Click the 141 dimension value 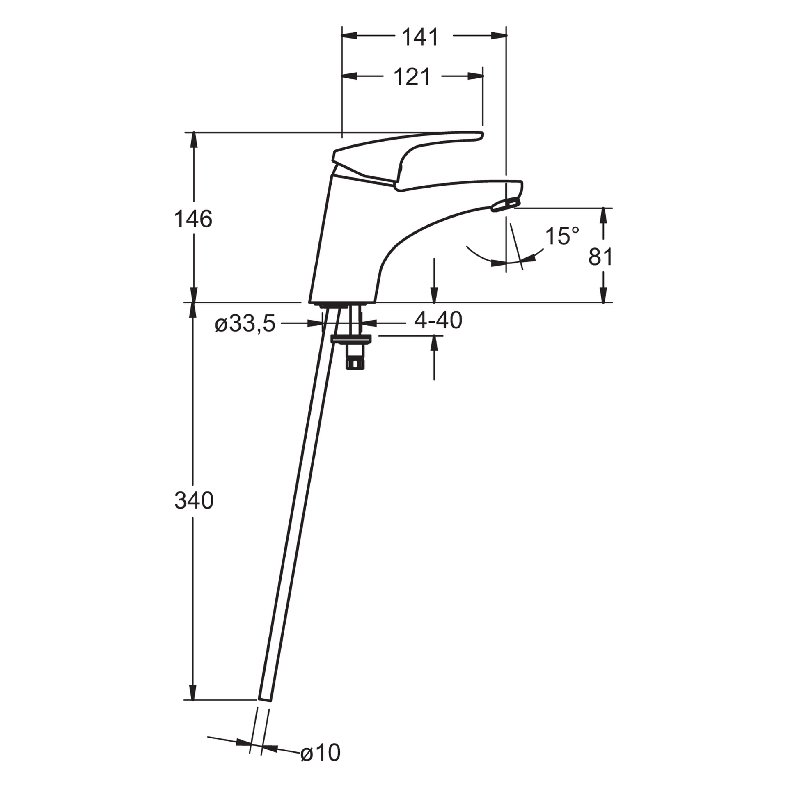tap(420, 38)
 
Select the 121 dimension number tap(412, 77)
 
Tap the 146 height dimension tap(193, 219)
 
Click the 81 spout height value tap(600, 257)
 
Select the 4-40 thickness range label tap(438, 321)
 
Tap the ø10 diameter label tap(321, 763)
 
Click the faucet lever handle tap(406, 158)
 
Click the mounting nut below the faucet tap(351, 339)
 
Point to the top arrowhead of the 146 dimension tap(193, 140)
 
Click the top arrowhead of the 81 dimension tap(603, 216)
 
